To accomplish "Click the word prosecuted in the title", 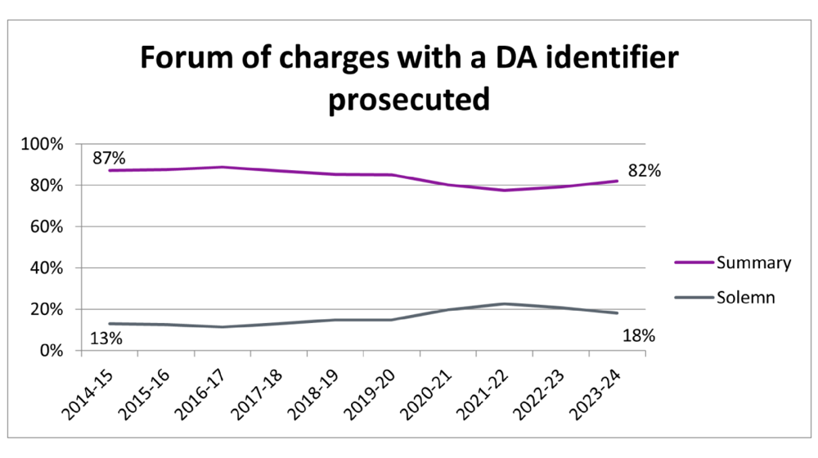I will tap(408, 99).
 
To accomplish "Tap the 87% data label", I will tap(108, 158).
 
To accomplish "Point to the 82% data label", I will tap(645, 171).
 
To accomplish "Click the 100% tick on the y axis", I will tap(42, 144).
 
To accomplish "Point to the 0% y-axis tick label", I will tap(48, 351).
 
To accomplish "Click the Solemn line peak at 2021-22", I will tap(505, 303).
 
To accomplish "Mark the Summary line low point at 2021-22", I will tap(505, 191).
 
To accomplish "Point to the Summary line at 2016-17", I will tap(222, 167).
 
